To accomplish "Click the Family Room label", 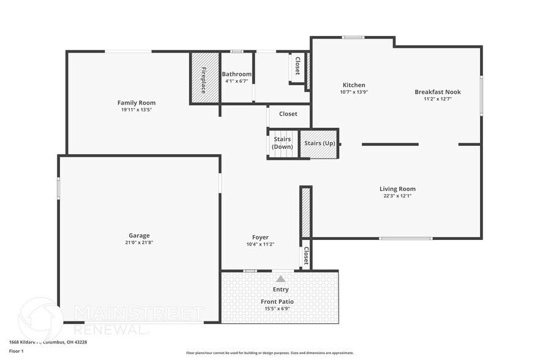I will [x=137, y=103].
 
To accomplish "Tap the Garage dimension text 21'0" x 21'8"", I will [x=139, y=242].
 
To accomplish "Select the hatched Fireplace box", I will [x=204, y=78].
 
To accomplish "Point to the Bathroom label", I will [x=236, y=74].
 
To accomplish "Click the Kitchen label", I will [x=354, y=85].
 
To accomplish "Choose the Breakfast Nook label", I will [x=437, y=92].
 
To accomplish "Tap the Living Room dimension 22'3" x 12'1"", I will [x=397, y=196].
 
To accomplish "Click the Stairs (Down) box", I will [x=282, y=144].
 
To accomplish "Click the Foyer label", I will [x=260, y=238].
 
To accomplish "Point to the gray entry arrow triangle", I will [x=281, y=279].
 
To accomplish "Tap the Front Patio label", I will [x=277, y=302].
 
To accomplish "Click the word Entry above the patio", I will [x=280, y=290].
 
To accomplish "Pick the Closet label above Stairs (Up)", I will [x=288, y=114].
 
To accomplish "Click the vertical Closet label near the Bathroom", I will [x=298, y=67].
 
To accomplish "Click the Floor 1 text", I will [x=16, y=351].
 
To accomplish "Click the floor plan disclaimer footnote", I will [x=269, y=353].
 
